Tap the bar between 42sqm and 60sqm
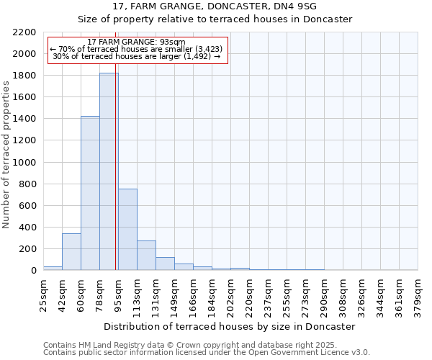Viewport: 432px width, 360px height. click(x=71, y=251)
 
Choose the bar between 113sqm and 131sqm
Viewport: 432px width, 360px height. click(x=146, y=255)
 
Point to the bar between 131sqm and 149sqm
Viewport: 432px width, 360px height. click(x=165, y=264)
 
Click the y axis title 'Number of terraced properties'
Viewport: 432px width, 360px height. click(x=6, y=155)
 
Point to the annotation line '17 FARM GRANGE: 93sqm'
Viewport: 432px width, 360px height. click(x=135, y=42)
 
